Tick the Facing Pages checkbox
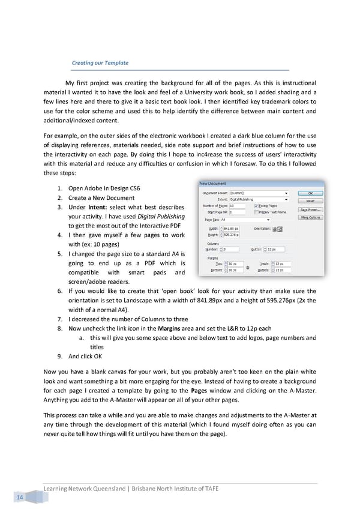274,206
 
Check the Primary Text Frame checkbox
274,212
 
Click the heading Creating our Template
100,63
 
